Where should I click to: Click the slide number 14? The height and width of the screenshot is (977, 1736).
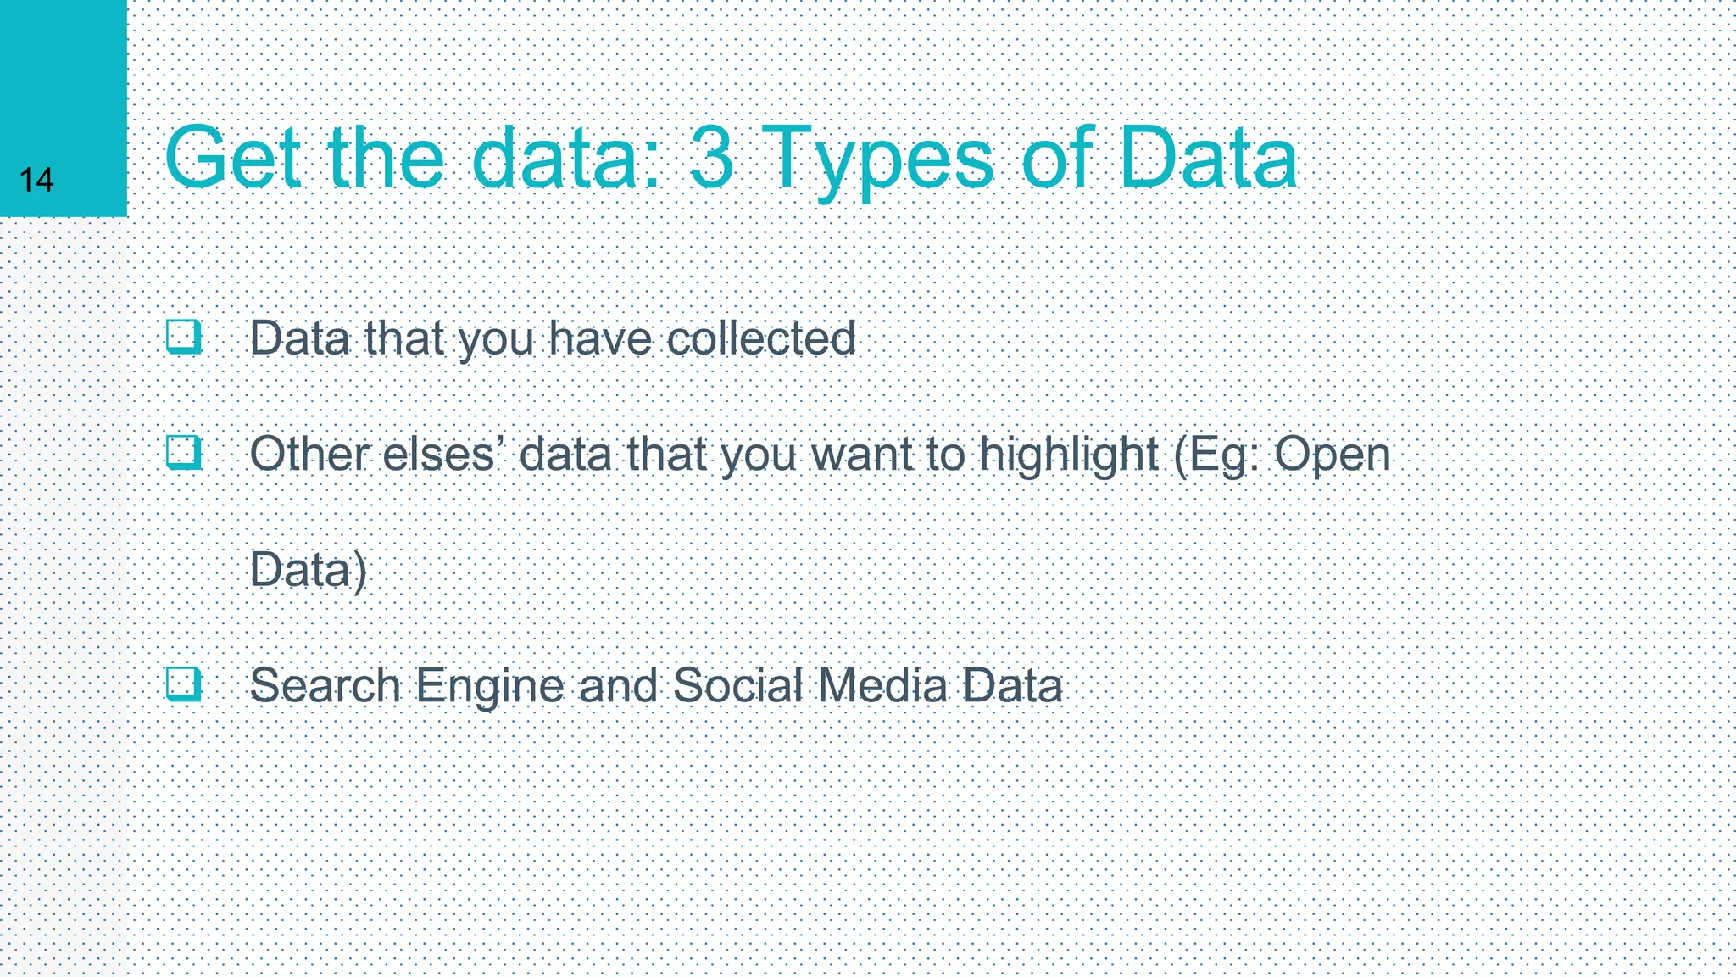coord(36,180)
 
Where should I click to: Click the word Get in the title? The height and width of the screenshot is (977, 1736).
coord(231,159)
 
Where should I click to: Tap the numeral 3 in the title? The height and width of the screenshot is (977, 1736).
coord(711,159)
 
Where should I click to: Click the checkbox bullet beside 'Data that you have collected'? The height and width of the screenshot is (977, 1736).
coord(184,337)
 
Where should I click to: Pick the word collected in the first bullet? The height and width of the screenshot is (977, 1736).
coord(761,338)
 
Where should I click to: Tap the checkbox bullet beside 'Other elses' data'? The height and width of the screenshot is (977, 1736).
coord(184,453)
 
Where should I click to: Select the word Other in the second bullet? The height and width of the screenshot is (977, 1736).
coord(309,455)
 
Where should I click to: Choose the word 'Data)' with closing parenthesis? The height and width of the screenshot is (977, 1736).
coord(309,570)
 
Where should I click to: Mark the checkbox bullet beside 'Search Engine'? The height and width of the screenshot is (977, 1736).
coord(184,684)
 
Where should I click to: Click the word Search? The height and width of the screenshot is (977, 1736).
coord(325,685)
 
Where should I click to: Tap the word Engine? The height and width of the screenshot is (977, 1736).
coord(490,687)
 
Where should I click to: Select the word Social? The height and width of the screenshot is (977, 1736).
coord(737,685)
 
